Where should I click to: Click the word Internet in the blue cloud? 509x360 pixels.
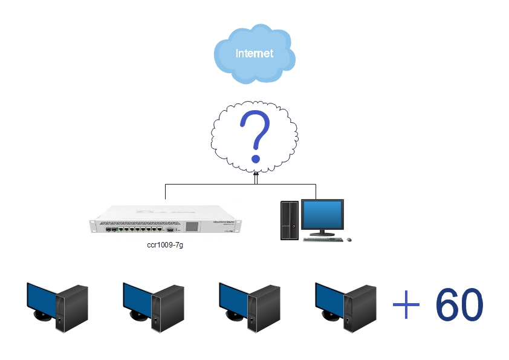pos(254,53)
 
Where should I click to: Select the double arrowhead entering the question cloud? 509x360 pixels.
pos(256,176)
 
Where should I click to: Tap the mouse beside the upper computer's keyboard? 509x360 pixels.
pos(349,240)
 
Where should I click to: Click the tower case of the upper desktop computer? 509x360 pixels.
pos(290,220)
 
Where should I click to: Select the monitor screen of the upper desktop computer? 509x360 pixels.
pos(322,214)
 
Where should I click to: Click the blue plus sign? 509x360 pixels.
pos(406,304)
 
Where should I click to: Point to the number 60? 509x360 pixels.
pos(459,304)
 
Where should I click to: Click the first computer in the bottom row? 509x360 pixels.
pos(57,306)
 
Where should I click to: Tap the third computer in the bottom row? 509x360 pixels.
pos(249,306)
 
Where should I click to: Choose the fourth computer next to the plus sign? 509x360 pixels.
pos(346,306)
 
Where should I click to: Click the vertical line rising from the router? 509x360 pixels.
pos(166,191)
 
